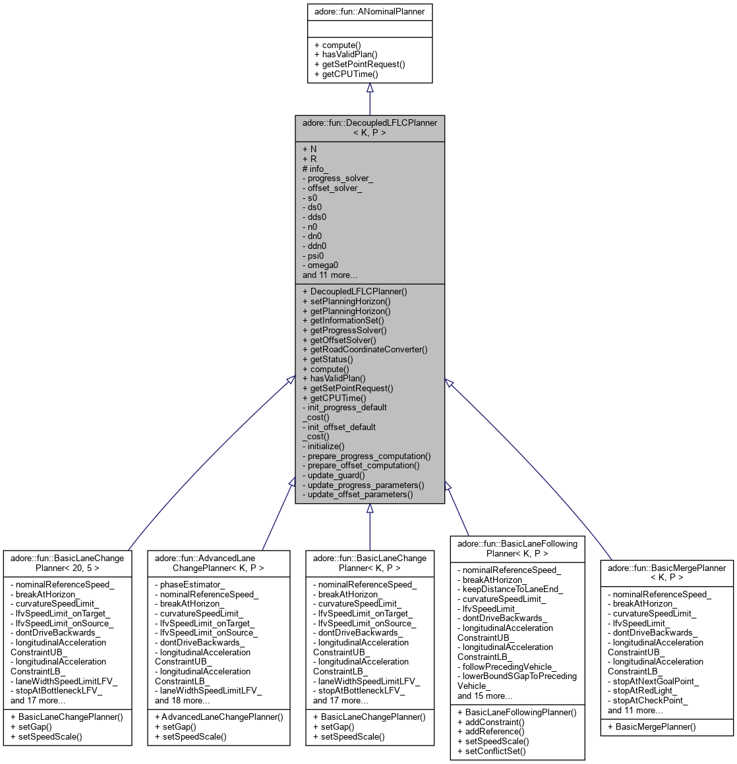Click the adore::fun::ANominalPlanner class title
[369, 11]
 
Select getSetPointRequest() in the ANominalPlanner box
[359, 65]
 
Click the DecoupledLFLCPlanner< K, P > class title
[369, 127]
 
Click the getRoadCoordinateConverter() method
[365, 350]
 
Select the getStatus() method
[328, 360]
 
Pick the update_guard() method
[334, 476]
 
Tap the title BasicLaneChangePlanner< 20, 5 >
[67, 562]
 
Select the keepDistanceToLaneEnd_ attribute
[510, 589]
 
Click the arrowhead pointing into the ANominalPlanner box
[370, 88]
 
